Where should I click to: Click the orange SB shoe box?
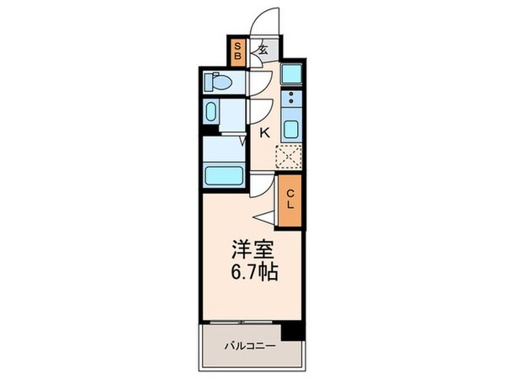click(x=238, y=51)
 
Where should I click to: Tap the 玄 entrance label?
click(x=263, y=50)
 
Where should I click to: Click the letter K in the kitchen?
click(x=263, y=132)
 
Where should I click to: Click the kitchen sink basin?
click(x=290, y=130)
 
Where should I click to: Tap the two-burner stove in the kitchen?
click(x=290, y=102)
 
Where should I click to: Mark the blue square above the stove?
click(x=291, y=73)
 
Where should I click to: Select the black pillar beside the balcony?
click(x=291, y=331)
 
